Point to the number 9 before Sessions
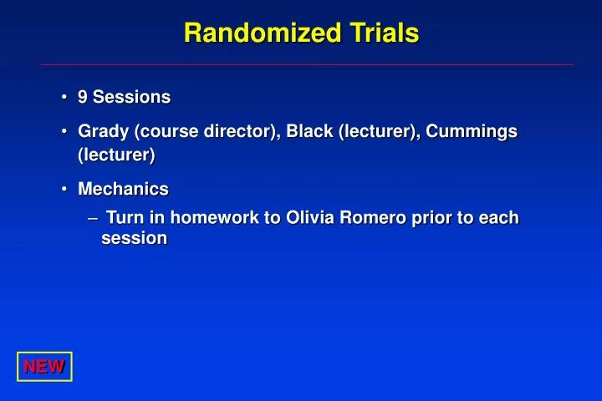pos(83,97)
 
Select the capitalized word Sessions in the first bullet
pos(131,97)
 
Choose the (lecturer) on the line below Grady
pos(116,155)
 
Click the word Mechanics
pos(123,190)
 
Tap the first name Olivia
pos(310,218)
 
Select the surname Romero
pos(371,218)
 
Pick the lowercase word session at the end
pos(134,239)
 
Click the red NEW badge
pos(44,367)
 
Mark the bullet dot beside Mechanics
pos(64,190)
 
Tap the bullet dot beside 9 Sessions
pos(64,97)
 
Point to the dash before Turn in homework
pos(93,218)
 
